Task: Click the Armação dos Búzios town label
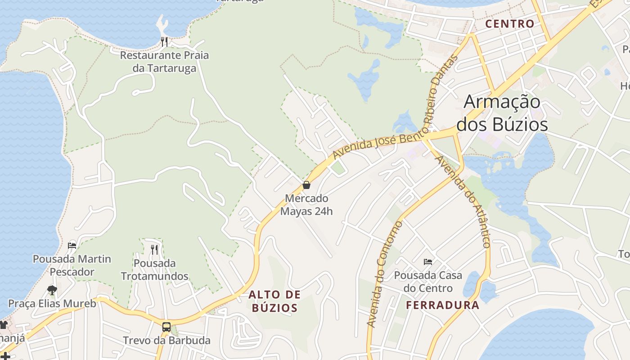coord(502,113)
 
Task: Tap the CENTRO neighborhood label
coord(510,24)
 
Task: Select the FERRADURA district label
coord(442,306)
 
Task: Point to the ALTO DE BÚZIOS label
coord(274,301)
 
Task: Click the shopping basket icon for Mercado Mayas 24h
coord(306,185)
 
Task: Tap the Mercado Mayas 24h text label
coord(306,205)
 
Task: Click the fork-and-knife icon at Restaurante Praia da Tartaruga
coord(164,42)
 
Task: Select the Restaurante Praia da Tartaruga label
coord(164,62)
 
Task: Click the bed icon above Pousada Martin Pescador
coord(72,246)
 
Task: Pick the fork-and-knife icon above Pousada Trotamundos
coord(154,249)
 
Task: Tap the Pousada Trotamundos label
coord(154,269)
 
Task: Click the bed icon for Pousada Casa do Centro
coord(428,261)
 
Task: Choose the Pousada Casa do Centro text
coord(423,281)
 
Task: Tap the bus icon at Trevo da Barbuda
coord(166,327)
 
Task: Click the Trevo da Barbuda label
coord(166,340)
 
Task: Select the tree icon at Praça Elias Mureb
coord(52,290)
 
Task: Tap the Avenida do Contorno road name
coord(384,274)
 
